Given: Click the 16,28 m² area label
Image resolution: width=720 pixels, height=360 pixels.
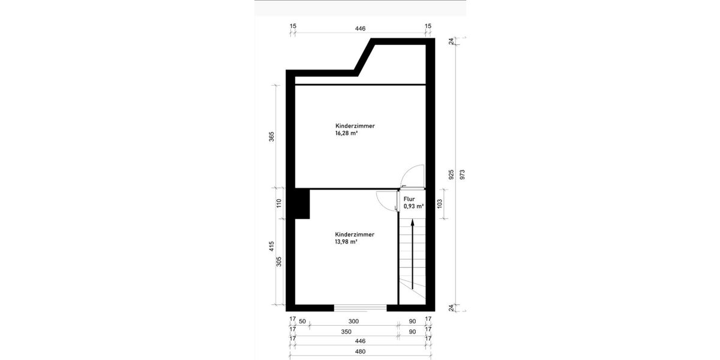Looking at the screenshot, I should (x=346, y=134).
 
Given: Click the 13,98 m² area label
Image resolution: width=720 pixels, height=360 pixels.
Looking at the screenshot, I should (x=346, y=242).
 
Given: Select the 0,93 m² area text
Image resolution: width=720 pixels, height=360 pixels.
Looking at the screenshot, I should (x=413, y=206).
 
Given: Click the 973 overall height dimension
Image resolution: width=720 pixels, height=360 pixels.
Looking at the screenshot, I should (x=462, y=174).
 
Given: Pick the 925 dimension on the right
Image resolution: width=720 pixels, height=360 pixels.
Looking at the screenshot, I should (x=450, y=174).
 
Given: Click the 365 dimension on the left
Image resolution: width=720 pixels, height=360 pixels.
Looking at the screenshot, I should (x=272, y=136).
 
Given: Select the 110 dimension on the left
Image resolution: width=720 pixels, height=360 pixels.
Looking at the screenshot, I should (x=278, y=203).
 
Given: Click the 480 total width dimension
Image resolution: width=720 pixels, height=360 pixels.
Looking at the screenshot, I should (x=360, y=352).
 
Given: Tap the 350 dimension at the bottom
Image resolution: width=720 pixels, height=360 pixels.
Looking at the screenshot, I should (x=346, y=331).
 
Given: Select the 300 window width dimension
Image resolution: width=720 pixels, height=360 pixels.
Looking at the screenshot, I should (x=353, y=321).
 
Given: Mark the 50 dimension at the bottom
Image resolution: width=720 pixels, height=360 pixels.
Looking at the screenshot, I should (x=302, y=321).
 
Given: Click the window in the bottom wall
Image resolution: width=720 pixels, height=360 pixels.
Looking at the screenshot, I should (x=360, y=308).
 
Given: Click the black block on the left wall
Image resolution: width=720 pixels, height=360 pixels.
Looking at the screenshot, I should (x=302, y=203).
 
